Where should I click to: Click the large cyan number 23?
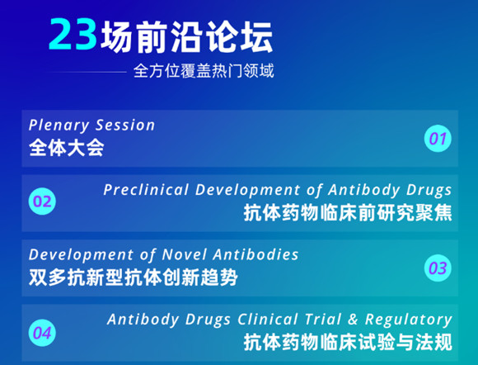73,34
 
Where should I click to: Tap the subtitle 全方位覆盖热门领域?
204,71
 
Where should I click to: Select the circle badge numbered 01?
438,139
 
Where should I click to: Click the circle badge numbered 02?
42,201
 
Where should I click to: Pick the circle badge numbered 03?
438,268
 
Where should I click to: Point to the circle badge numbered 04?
42,333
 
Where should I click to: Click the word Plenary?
59,126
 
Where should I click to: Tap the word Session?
125,126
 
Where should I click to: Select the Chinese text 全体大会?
67,148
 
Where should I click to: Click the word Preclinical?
146,190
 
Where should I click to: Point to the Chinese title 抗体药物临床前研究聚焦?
348,212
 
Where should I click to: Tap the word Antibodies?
255,254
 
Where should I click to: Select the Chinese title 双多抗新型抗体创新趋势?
134,277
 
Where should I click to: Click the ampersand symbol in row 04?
353,320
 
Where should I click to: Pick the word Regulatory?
409,320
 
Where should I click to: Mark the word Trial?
323,320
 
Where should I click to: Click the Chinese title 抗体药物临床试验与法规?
348,342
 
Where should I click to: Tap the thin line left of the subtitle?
87,72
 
